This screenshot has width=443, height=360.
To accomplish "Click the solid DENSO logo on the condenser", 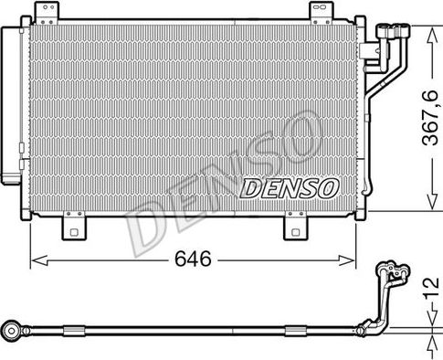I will coord(290,188).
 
